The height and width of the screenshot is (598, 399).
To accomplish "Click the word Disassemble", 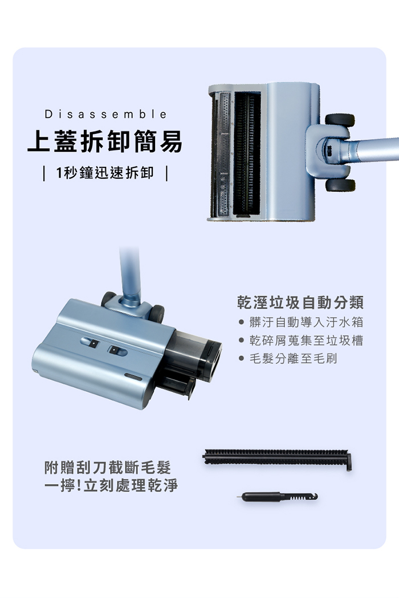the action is [106, 114].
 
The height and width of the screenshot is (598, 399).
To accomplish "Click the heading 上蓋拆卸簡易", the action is [105, 141].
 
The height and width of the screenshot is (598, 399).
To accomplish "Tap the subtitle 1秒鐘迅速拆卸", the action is [105, 173].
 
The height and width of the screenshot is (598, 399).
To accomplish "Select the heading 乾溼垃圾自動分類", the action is [300, 302].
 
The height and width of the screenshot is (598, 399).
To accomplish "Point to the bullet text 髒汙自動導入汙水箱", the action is [306, 322].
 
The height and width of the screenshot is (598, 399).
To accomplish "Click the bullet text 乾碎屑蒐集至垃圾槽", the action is [306, 340].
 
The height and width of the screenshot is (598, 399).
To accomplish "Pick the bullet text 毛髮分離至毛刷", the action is [293, 358].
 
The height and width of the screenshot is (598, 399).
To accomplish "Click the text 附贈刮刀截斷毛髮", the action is [108, 468].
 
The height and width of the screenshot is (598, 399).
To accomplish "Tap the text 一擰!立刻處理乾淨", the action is [111, 485].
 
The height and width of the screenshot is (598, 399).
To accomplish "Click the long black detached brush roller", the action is [277, 457].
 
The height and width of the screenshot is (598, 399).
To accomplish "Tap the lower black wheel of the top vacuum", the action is [340, 185].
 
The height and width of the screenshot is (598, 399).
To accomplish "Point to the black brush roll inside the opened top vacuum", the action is [247, 154].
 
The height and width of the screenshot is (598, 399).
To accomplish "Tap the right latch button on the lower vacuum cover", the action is [117, 350].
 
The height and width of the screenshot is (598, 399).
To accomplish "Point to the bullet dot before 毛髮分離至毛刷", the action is [241, 358].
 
